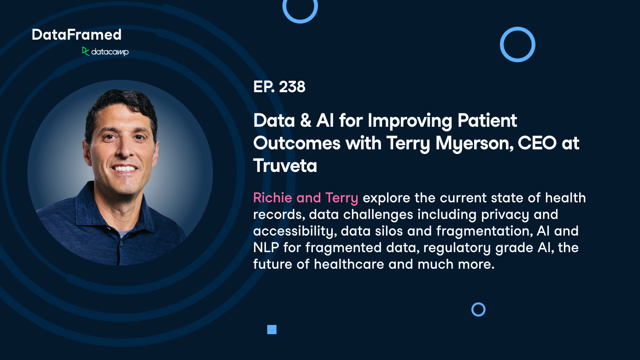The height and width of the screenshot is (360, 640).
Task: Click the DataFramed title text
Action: pyautogui.click(x=76, y=35)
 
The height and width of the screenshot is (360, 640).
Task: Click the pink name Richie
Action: pyautogui.click(x=273, y=198)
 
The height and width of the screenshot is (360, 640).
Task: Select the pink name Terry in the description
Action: pyautogui.click(x=341, y=198)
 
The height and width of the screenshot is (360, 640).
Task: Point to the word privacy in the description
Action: pyautogui.click(x=507, y=214)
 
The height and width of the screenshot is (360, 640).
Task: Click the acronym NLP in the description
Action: pyautogui.click(x=266, y=248)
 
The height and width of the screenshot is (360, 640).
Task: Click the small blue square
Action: pyautogui.click(x=272, y=330)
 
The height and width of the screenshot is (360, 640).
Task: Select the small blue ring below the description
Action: pyautogui.click(x=478, y=309)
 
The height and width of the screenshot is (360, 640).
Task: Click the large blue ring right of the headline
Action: pyautogui.click(x=517, y=44)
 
